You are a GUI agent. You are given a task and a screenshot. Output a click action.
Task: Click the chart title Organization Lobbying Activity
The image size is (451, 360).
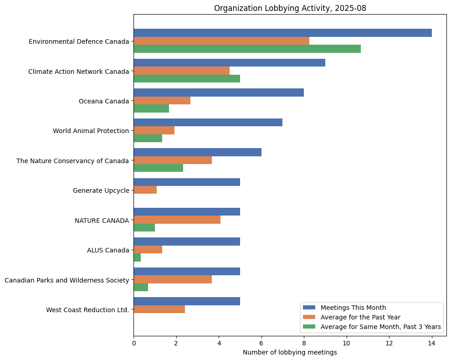(290, 8)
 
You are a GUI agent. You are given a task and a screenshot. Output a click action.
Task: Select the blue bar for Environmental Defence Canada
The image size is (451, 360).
(282, 33)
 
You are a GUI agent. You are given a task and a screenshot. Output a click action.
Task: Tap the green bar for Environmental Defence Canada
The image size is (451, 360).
(247, 49)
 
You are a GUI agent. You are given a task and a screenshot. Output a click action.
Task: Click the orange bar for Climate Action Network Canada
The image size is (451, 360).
(181, 71)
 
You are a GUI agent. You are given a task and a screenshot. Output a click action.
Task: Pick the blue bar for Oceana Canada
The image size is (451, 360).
(219, 93)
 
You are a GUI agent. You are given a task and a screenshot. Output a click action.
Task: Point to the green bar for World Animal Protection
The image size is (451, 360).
(148, 139)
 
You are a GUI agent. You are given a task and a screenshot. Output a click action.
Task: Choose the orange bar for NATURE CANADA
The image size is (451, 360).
(177, 220)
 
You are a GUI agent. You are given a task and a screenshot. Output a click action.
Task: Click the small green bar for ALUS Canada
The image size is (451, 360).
(137, 257)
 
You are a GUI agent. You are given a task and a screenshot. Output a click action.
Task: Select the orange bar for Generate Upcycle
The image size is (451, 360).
(145, 190)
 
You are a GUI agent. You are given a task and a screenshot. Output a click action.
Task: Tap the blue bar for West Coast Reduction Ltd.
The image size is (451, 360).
(187, 301)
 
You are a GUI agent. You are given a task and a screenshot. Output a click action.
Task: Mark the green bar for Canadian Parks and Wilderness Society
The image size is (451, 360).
(141, 288)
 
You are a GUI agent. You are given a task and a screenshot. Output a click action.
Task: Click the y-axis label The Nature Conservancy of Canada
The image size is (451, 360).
(73, 160)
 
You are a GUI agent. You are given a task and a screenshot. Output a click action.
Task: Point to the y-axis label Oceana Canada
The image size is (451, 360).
(104, 101)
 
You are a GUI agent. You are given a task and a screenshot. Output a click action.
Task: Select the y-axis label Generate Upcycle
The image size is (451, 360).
(101, 190)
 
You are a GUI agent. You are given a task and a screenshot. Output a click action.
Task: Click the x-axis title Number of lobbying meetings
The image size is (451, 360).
(290, 352)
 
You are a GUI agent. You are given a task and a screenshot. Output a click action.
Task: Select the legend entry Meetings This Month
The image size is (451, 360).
(353, 307)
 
